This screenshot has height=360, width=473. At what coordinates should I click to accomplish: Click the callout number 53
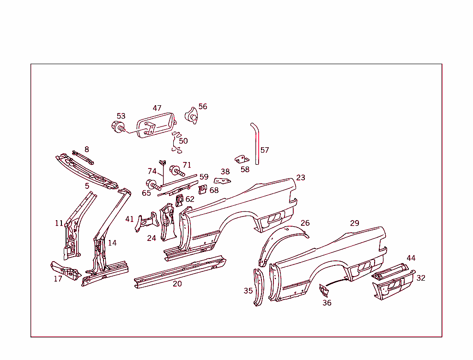pyautogui.click(x=121, y=116)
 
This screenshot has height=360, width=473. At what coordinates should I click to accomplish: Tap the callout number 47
pyautogui.click(x=157, y=108)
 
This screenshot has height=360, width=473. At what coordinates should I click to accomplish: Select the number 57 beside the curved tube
pyautogui.click(x=265, y=150)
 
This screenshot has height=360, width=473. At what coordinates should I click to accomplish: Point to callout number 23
pyautogui.click(x=301, y=178)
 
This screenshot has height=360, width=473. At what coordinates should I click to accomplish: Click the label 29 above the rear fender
pyautogui.click(x=354, y=223)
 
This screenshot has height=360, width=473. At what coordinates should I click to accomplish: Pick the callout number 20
pyautogui.click(x=177, y=284)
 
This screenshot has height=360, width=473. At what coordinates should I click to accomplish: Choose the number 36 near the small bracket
pyautogui.click(x=327, y=303)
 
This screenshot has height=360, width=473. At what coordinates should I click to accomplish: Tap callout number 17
pyautogui.click(x=58, y=279)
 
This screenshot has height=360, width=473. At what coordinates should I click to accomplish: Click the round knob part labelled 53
pyautogui.click(x=117, y=126)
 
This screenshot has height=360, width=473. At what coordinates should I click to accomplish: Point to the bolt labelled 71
pyautogui.click(x=177, y=171)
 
